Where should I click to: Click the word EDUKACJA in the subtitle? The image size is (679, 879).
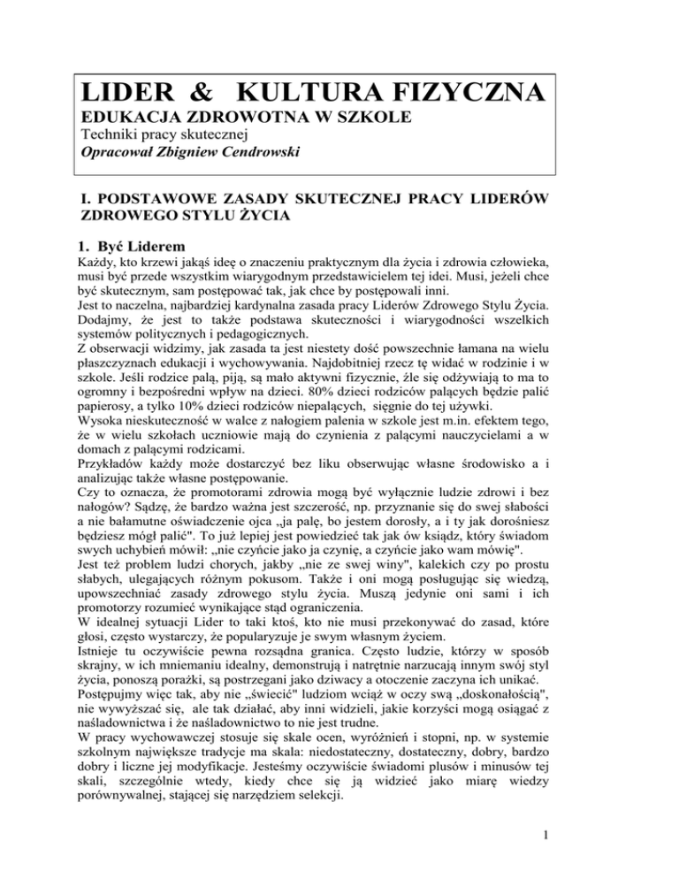[131, 121]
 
